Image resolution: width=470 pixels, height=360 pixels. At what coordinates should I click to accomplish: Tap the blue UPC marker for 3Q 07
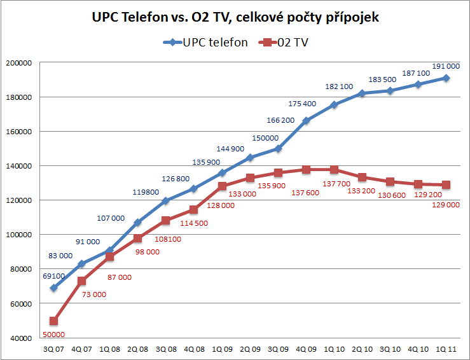click(53, 287)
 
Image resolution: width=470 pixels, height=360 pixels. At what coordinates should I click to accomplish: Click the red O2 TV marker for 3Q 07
click(53, 321)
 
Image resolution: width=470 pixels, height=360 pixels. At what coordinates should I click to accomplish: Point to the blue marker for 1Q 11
click(446, 78)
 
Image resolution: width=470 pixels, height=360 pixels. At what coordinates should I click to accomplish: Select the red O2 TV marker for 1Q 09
click(222, 186)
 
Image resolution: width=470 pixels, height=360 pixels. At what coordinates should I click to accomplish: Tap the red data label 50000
click(53, 334)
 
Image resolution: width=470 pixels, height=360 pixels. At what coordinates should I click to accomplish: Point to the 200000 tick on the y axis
click(18, 63)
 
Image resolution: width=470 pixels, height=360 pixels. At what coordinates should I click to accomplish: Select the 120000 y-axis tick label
click(18, 200)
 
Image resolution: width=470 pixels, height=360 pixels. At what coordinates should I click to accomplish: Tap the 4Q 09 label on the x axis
click(306, 349)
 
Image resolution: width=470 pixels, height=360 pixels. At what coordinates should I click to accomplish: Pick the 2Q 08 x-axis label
click(138, 349)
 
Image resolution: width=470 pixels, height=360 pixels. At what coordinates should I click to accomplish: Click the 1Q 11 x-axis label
click(446, 349)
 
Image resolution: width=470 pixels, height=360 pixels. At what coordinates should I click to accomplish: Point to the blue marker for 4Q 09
click(306, 121)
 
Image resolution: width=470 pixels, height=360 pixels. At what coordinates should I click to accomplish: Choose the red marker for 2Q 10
click(362, 177)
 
